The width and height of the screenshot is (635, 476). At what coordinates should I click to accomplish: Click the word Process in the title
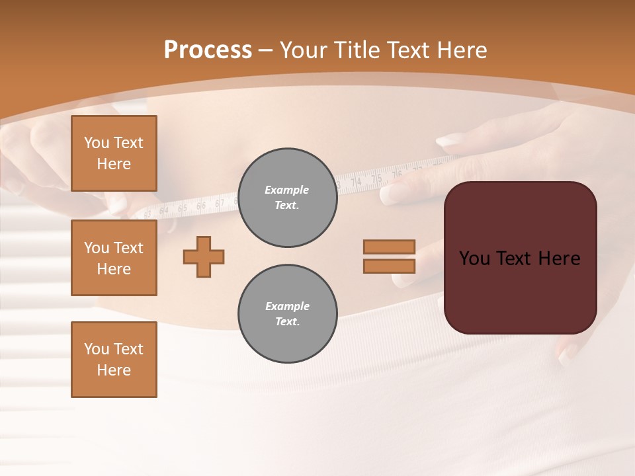(208, 50)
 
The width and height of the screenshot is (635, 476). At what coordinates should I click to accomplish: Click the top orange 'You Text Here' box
(114, 153)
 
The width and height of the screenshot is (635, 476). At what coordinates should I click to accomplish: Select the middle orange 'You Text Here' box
(114, 258)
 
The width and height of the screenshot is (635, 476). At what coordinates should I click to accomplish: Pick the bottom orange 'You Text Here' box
(114, 359)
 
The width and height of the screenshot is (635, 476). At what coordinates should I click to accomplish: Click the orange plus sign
(204, 257)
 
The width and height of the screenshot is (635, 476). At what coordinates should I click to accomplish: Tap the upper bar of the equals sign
(389, 247)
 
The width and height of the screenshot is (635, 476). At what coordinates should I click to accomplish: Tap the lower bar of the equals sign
(389, 266)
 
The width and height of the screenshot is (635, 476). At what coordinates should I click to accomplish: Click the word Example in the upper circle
(286, 190)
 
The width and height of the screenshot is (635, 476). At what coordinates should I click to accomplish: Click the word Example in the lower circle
(286, 306)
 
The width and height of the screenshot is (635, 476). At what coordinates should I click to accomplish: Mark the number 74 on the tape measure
(356, 182)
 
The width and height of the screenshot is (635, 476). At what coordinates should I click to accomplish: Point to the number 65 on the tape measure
(183, 208)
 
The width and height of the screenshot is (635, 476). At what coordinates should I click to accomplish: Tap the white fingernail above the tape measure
(450, 140)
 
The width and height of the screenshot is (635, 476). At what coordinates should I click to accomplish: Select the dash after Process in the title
(266, 50)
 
